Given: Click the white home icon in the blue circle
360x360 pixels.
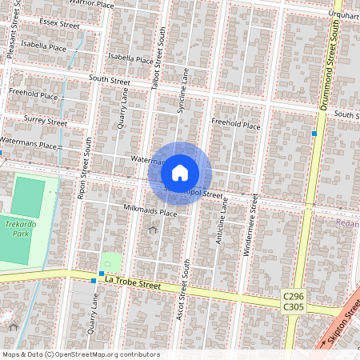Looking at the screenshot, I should (180, 173).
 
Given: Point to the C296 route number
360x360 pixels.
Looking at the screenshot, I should (293, 296).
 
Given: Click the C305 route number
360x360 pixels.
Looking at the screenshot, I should (293, 307).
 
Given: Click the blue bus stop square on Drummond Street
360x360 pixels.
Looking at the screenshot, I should (315, 133).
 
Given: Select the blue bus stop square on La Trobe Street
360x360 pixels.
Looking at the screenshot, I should (94, 281).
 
